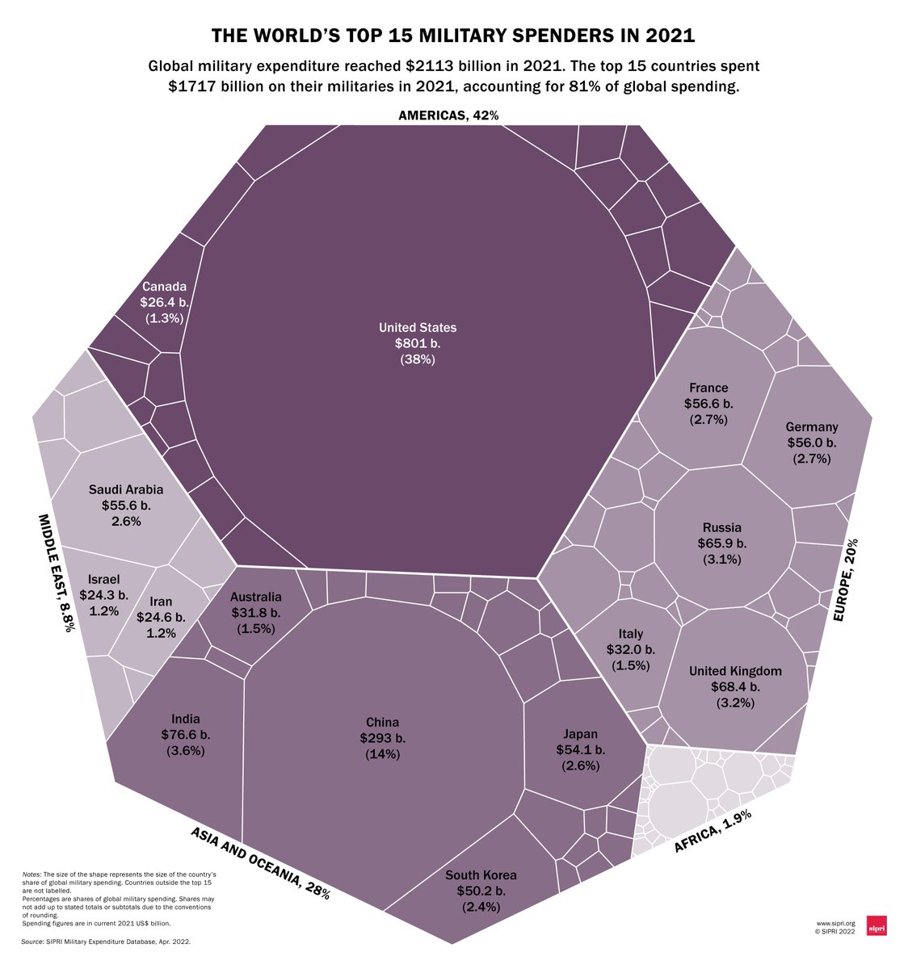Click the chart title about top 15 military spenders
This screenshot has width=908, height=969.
(x=453, y=36)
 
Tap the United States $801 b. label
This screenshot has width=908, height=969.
(x=418, y=343)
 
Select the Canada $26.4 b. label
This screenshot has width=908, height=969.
(x=164, y=302)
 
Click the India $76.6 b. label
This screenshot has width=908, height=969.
(x=186, y=735)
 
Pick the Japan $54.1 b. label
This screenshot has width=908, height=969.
(x=580, y=749)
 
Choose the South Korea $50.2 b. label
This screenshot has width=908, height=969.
(x=481, y=891)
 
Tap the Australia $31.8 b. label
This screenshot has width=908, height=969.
(x=256, y=612)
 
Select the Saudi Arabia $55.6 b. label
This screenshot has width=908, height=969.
(x=126, y=505)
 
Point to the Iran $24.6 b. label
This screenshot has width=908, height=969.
(x=161, y=617)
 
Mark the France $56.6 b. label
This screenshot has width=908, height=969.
(x=708, y=403)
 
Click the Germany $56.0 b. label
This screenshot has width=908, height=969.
(x=812, y=443)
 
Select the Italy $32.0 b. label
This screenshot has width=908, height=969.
(x=631, y=649)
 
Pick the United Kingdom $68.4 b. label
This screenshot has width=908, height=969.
(x=735, y=686)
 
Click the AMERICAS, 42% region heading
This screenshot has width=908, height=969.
(x=448, y=115)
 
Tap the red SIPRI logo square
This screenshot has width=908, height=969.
(x=876, y=926)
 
